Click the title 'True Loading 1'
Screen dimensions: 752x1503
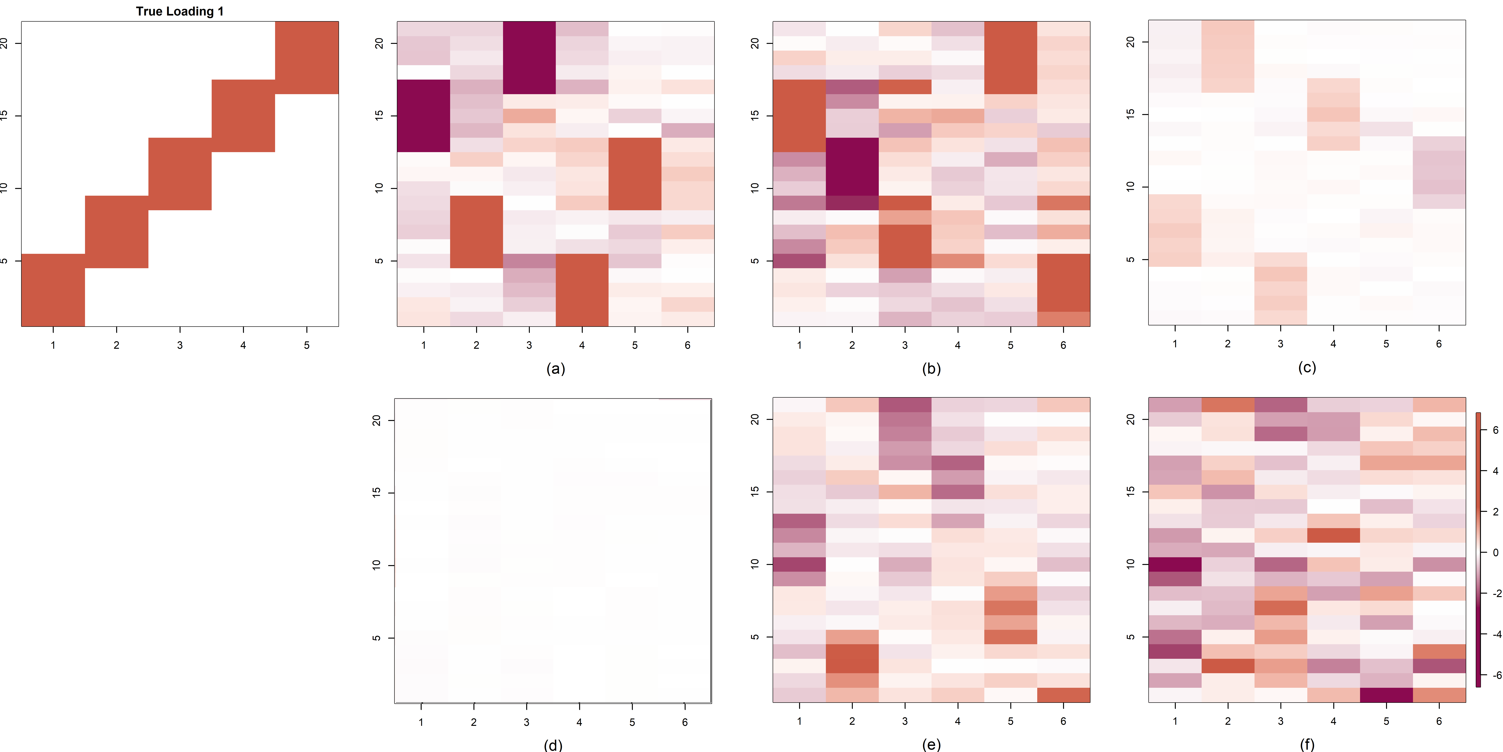click(x=180, y=11)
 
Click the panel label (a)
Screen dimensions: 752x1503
click(x=555, y=368)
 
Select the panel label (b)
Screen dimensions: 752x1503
click(x=931, y=368)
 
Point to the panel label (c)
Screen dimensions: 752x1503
click(x=1307, y=367)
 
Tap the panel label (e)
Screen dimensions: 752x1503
click(x=931, y=744)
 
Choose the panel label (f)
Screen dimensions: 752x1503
click(x=1307, y=744)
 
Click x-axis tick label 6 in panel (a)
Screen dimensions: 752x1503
click(x=687, y=345)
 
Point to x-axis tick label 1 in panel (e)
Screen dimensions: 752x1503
click(x=799, y=721)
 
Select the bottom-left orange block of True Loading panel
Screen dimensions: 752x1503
click(x=53, y=290)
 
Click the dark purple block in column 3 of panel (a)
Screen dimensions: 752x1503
click(x=529, y=57)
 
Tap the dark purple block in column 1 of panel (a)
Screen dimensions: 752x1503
click(x=424, y=116)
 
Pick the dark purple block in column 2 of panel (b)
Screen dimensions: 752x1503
click(x=852, y=166)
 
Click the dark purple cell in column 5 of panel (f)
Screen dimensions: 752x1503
click(x=1386, y=695)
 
